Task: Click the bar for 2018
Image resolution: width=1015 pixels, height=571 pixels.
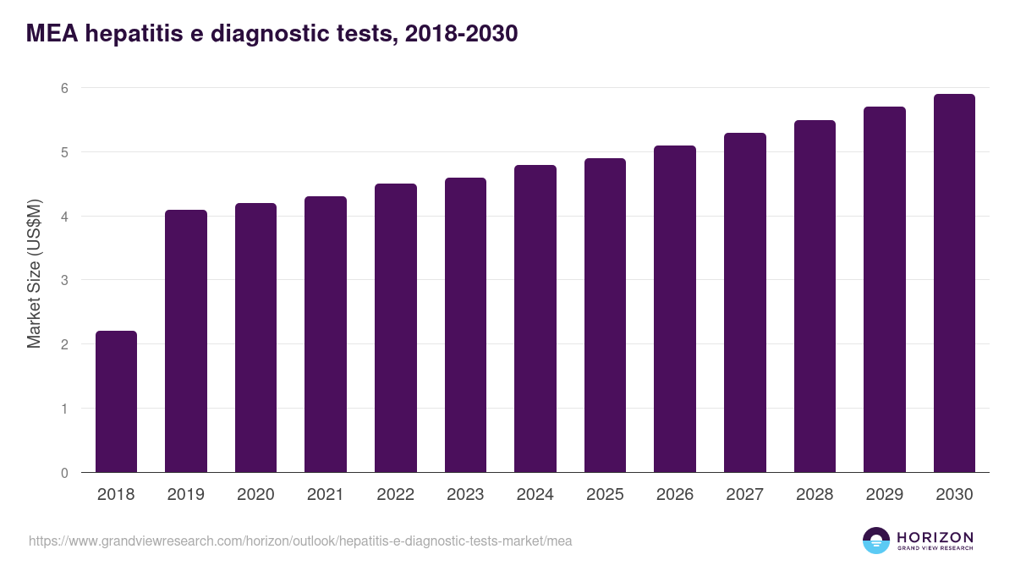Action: point(116,402)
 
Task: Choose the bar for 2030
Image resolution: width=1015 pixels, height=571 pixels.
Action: point(954,283)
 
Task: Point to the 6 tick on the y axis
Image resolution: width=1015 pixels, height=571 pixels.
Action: point(64,88)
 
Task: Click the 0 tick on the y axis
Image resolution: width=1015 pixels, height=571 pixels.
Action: point(64,473)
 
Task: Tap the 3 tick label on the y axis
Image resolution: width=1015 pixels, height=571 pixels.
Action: point(64,280)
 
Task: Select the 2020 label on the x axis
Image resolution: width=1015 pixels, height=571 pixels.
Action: point(255,495)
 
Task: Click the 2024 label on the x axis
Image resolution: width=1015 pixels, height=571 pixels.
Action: point(535,495)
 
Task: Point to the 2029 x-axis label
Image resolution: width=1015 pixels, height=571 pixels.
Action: point(884,495)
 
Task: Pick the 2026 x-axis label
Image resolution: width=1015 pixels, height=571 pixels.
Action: point(674,495)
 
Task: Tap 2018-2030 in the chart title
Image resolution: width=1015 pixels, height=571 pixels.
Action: point(461,34)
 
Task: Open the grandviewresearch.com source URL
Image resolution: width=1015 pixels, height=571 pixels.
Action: point(300,541)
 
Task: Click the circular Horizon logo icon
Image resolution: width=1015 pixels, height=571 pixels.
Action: point(876,541)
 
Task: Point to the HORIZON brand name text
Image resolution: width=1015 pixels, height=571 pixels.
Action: point(935,536)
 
